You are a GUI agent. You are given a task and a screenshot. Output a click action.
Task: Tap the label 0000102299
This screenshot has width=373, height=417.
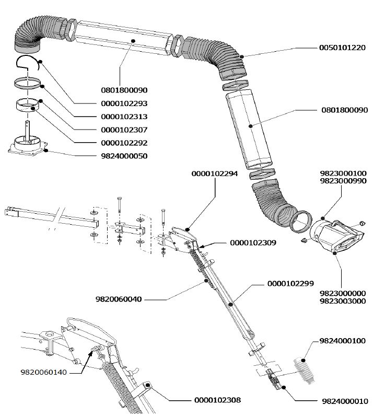290,283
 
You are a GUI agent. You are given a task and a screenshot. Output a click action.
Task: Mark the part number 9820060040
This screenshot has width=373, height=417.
119,299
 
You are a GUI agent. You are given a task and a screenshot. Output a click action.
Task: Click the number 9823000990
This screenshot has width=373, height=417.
342,181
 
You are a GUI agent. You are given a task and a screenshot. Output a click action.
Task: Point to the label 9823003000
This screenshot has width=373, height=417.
342,301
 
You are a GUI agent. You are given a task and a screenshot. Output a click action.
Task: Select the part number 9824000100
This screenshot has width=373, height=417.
343,341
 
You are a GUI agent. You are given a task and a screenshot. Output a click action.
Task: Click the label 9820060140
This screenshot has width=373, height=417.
44,373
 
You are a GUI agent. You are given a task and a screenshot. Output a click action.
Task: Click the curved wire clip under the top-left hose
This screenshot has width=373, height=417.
29,65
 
